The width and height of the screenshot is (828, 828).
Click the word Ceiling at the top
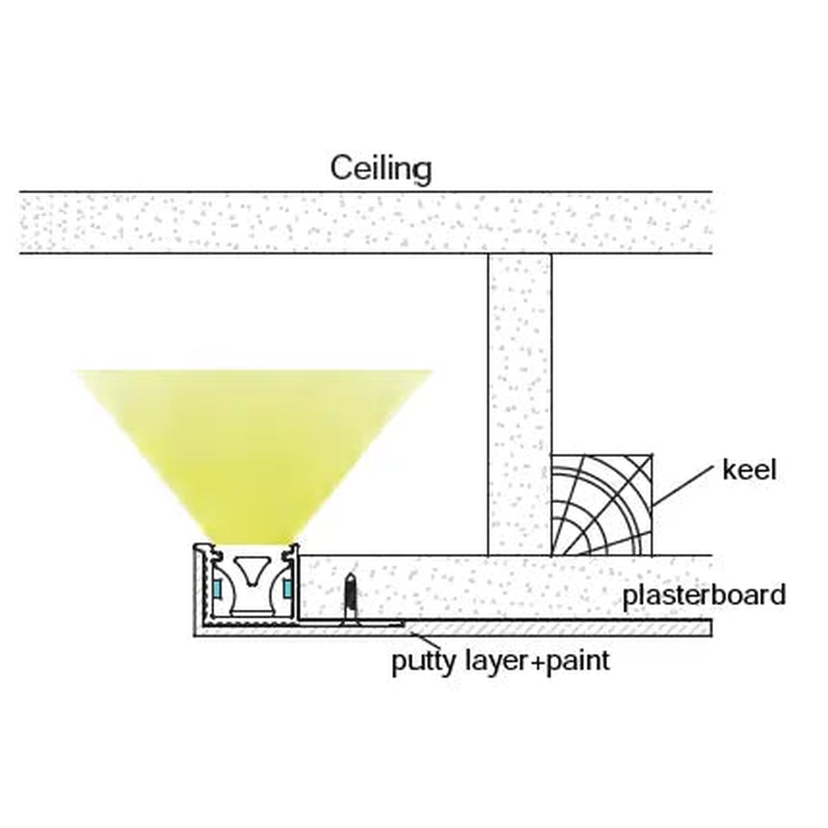[x=381, y=169]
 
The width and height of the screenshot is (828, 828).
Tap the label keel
[x=749, y=470]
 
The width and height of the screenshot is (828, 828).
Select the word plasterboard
[x=703, y=595]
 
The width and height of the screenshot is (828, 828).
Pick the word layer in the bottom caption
[x=487, y=662]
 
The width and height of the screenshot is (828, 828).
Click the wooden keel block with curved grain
[x=601, y=505]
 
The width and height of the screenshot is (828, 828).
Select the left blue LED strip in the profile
[x=218, y=588]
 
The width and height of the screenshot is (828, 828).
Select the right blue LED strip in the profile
[x=287, y=588]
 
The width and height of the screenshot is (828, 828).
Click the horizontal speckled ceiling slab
[x=364, y=222]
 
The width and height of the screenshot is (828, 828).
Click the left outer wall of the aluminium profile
[x=196, y=590]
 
